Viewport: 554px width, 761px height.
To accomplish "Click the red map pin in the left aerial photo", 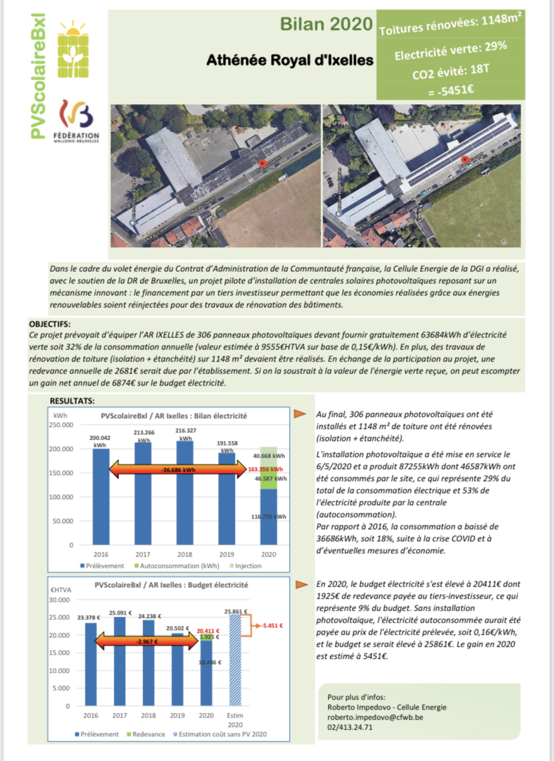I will pyautogui.click(x=261, y=163).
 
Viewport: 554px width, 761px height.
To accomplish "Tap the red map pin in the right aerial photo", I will pyautogui.click(x=464, y=158).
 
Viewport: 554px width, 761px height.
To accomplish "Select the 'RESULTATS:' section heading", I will pyautogui.click(x=72, y=400).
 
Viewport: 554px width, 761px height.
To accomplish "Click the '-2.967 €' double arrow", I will pyautogui.click(x=148, y=641).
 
